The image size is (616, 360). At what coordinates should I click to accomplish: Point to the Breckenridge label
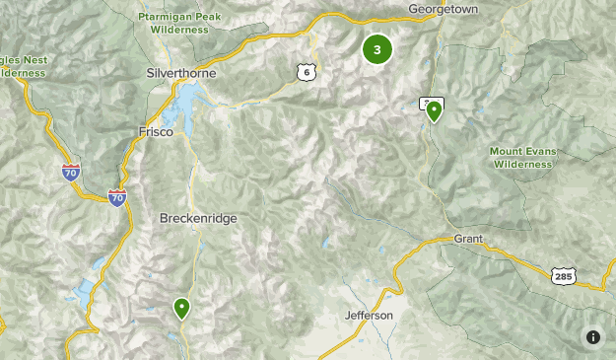point(198,218)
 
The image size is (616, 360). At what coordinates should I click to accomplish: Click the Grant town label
point(467,240)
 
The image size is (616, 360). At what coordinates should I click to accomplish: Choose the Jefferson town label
point(370,316)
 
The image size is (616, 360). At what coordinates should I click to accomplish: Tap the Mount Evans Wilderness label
point(522,158)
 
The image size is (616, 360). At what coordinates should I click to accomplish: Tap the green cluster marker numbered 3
point(376,49)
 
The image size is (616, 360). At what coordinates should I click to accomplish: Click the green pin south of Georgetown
point(433,110)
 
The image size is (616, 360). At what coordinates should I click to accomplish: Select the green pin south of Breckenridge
point(181,308)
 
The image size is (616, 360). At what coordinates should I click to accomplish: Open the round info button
point(593,337)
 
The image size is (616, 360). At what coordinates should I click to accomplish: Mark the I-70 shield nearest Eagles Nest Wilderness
point(70,174)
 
